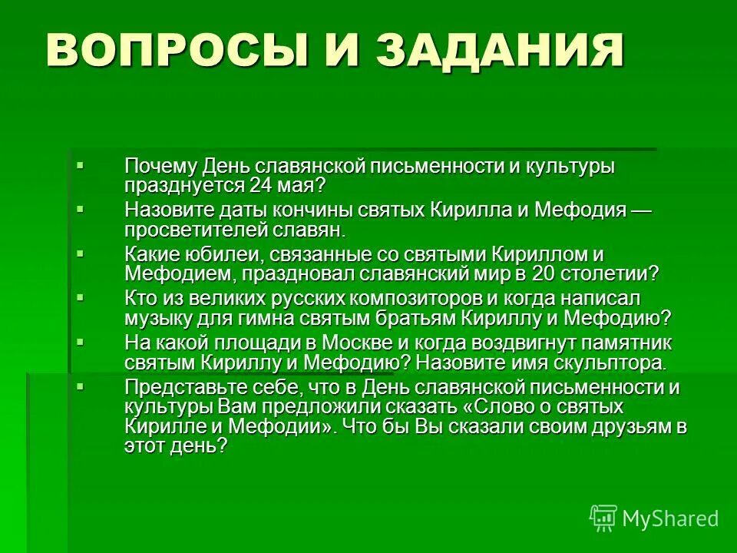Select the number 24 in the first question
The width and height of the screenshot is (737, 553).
tap(259, 185)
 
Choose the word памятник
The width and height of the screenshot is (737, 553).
tap(623, 343)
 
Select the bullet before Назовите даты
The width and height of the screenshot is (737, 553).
tap(81, 208)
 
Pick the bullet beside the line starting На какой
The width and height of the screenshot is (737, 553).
tap(81, 340)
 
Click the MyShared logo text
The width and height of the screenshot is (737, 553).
tap(670, 518)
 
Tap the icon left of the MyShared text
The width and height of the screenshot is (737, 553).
tap(603, 518)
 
